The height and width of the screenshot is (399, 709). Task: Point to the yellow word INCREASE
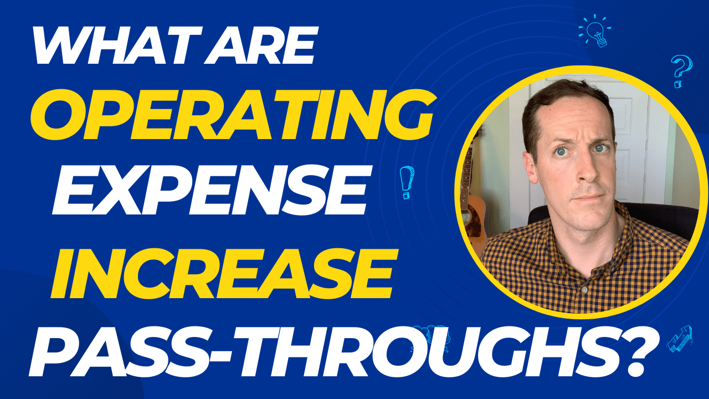click(222, 272)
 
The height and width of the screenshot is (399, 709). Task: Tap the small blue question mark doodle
click(680, 71)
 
